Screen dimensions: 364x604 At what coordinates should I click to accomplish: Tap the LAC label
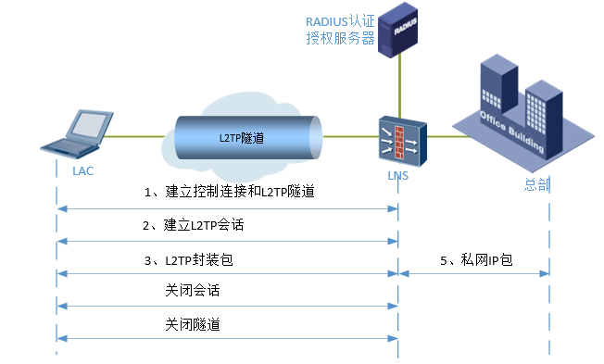[82, 171]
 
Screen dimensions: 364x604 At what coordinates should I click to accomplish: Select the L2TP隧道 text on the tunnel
[242, 137]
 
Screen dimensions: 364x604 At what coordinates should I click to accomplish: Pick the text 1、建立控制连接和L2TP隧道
[229, 193]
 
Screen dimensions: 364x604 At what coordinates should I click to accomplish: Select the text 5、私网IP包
[475, 260]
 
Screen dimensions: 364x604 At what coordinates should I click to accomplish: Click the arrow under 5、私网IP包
[473, 274]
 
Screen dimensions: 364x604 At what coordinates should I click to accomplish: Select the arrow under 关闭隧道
[227, 338]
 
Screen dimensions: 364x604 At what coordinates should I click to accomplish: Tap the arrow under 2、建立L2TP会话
[227, 241]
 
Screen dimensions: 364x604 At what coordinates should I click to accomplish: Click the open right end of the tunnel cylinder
[314, 137]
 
